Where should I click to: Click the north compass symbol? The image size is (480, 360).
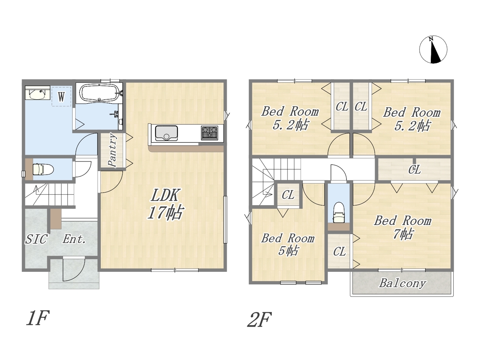[x=433, y=49]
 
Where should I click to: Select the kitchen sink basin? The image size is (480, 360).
[x=166, y=133]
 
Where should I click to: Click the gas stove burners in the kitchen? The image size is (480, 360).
[x=209, y=133]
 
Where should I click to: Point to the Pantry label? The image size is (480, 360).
[x=113, y=150]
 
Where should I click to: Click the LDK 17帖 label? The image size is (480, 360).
[x=165, y=204]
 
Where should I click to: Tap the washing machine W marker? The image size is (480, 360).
[x=61, y=97]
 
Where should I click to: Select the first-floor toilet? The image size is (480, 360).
[x=43, y=169]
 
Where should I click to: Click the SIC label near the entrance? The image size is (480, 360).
[x=36, y=239]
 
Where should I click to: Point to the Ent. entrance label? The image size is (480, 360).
[x=74, y=239]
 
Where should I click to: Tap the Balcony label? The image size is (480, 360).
[x=403, y=283]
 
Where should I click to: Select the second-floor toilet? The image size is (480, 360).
[x=339, y=212]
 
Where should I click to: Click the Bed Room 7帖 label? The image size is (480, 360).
[x=403, y=227]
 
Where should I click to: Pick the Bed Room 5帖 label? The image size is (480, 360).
[x=288, y=244]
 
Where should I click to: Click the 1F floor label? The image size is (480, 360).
[x=37, y=318]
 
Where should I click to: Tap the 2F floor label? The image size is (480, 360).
[x=259, y=319]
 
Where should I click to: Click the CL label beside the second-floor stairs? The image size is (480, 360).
[x=288, y=195]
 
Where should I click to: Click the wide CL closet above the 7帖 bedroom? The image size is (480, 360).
[x=414, y=169]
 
